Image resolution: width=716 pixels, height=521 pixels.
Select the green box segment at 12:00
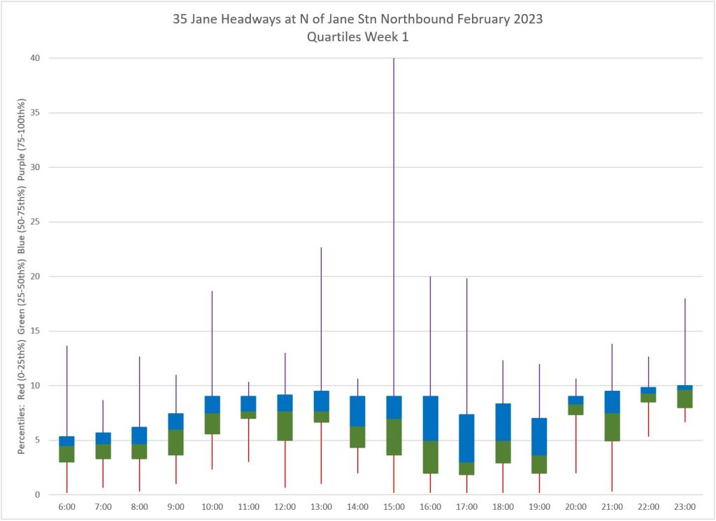click(285, 426)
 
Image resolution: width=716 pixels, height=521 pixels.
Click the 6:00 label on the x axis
click(66, 506)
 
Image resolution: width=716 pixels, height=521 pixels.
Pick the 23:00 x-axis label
click(685, 506)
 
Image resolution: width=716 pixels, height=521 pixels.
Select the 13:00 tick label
click(321, 506)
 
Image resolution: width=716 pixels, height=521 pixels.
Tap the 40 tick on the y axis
click(33, 58)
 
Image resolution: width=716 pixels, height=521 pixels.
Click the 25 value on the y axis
click(33, 222)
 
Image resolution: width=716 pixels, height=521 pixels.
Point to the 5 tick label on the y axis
click(36, 440)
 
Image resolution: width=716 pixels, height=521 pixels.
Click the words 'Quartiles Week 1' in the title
click(357, 37)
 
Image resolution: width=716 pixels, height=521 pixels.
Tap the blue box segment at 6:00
click(66, 441)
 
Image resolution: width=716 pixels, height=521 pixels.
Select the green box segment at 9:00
click(176, 443)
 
